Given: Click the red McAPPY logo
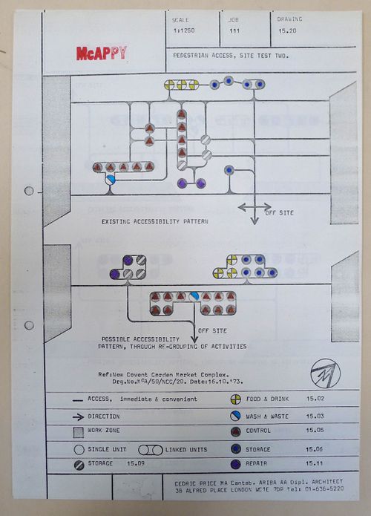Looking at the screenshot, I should tap(101, 53).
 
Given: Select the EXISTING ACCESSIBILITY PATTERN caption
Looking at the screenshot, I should tap(155, 221).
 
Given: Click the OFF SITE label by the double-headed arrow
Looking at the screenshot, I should tap(280, 212).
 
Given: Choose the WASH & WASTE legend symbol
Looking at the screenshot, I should tap(234, 416).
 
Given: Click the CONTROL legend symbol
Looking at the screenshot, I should tap(234, 432).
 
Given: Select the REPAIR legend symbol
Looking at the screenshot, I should tap(234, 464).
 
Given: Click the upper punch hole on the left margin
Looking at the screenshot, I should tap(29, 191).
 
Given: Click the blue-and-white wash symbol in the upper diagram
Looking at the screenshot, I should tap(111, 180).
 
